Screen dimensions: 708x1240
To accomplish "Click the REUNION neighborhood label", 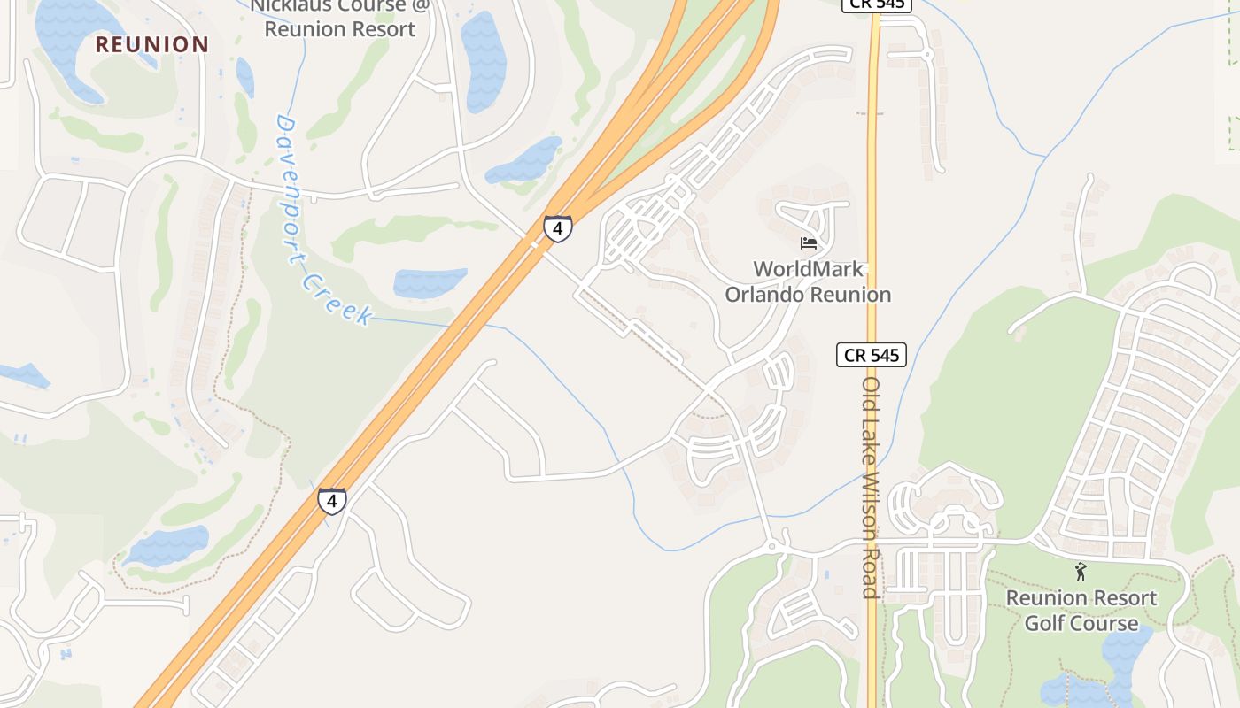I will (x=152, y=44).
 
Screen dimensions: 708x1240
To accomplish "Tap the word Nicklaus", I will (x=291, y=5).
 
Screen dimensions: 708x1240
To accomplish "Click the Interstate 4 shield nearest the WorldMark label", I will (x=557, y=228).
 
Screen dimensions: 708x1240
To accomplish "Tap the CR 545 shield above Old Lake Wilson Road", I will (x=872, y=355).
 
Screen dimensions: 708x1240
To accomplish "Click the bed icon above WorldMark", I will (x=808, y=242).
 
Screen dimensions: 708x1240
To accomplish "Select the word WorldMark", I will (x=808, y=268).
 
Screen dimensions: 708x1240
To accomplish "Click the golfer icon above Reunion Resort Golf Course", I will (x=1081, y=572).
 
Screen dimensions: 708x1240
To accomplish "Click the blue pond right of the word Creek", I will (x=430, y=282).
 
